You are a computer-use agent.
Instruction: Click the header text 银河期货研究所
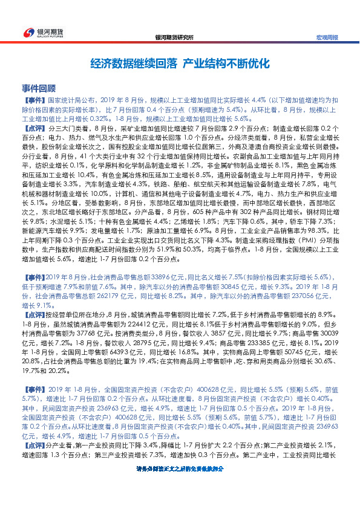click(175, 37)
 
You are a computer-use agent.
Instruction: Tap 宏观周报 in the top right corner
click(327, 37)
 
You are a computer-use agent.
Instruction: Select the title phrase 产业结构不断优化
click(225, 63)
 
